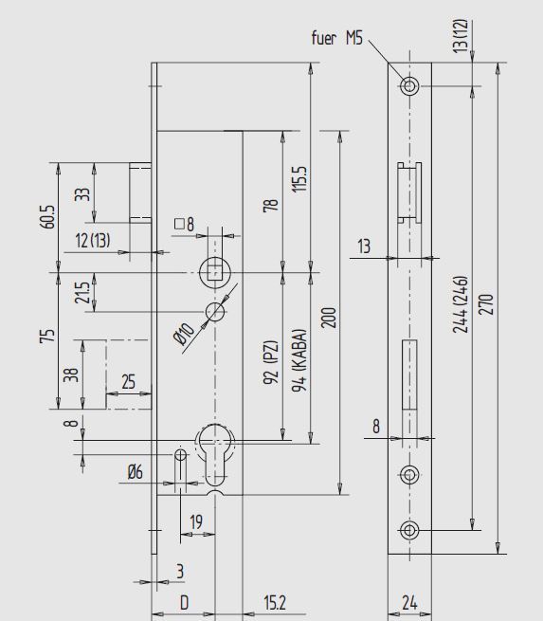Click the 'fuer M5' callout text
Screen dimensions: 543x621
point(336,38)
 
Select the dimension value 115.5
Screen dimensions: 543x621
point(299,179)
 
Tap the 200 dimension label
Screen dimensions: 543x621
point(329,318)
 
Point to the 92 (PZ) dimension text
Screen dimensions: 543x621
point(271,361)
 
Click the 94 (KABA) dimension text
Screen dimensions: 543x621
point(299,360)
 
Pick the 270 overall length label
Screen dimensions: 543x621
point(486,303)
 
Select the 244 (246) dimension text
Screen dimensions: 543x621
point(461,304)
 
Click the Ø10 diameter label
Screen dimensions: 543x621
point(184,334)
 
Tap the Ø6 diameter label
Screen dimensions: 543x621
point(136,472)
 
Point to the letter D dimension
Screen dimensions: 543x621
point(185,603)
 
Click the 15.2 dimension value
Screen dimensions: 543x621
point(275,603)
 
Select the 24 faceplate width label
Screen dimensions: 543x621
point(409,603)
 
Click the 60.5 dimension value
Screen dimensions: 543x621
point(47,216)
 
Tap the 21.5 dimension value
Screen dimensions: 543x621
point(82,293)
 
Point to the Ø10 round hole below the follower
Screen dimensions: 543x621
point(215,312)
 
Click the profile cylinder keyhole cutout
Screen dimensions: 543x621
point(215,454)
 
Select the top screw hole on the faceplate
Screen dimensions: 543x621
point(409,86)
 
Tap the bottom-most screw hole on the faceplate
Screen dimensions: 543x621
point(409,530)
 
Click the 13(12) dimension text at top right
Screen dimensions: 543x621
point(461,36)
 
